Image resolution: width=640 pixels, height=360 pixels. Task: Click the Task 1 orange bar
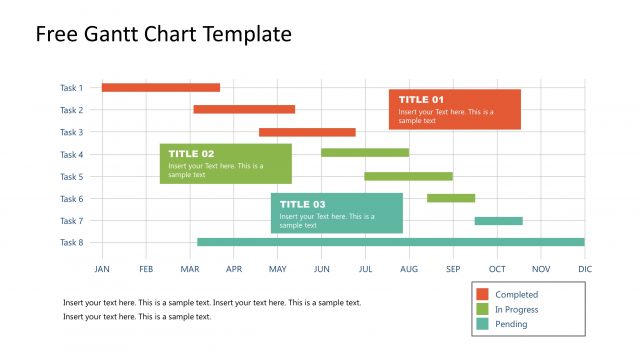(x=160, y=88)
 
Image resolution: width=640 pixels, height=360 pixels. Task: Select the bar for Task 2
(x=244, y=109)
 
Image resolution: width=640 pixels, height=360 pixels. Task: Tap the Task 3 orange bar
(x=307, y=132)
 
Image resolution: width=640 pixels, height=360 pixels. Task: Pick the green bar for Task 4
(x=364, y=153)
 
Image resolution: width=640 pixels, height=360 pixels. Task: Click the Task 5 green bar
(x=408, y=176)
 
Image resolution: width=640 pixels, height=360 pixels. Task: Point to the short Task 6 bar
(x=450, y=198)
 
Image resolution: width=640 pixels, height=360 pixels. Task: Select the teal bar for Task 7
(x=498, y=221)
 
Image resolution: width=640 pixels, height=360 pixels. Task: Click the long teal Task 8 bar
(x=390, y=242)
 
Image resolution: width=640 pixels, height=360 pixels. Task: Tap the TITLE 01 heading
(x=421, y=100)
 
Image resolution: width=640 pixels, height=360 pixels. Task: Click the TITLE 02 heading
(x=191, y=154)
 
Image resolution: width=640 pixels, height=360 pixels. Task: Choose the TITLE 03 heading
(x=302, y=204)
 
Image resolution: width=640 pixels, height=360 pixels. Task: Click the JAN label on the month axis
(x=102, y=269)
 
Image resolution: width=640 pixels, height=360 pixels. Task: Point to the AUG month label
(x=408, y=269)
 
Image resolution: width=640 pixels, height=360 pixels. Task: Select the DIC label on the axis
(x=585, y=269)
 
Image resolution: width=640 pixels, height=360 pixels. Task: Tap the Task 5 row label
(x=71, y=177)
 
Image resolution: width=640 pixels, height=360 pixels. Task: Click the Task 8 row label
(x=71, y=243)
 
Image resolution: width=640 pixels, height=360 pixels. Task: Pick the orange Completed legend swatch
(x=482, y=295)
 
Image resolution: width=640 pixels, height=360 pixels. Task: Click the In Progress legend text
(x=516, y=310)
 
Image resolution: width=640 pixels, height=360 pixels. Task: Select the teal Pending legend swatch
(x=482, y=324)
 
